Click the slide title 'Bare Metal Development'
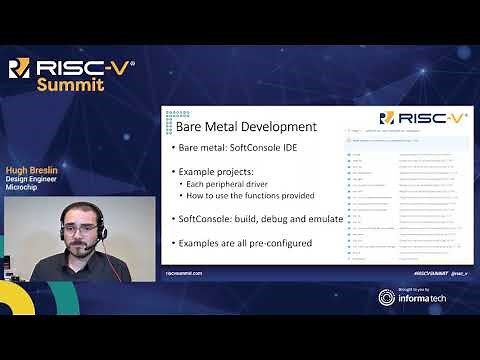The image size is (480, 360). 232,127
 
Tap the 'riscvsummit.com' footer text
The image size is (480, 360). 184,272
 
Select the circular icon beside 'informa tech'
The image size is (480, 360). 387,297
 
